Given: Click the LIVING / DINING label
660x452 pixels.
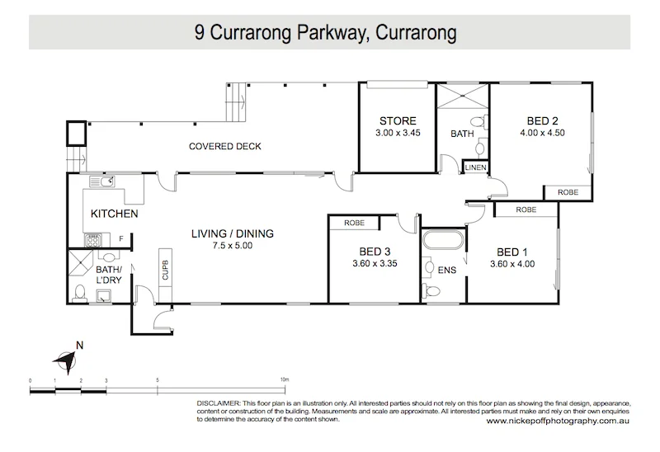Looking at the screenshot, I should click(231, 233).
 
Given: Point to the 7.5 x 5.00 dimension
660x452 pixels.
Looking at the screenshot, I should click(231, 245).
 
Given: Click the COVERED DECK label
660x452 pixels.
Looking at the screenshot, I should click(224, 147).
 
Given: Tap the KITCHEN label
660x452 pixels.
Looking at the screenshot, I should click(113, 214).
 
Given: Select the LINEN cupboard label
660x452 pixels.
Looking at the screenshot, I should click(476, 167).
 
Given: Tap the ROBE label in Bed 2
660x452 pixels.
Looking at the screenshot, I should click(568, 191).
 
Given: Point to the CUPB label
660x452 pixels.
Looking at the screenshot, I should click(165, 270).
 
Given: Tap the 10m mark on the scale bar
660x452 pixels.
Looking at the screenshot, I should click(284, 380).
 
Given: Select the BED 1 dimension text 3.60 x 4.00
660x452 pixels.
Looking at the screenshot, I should click(511, 265).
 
